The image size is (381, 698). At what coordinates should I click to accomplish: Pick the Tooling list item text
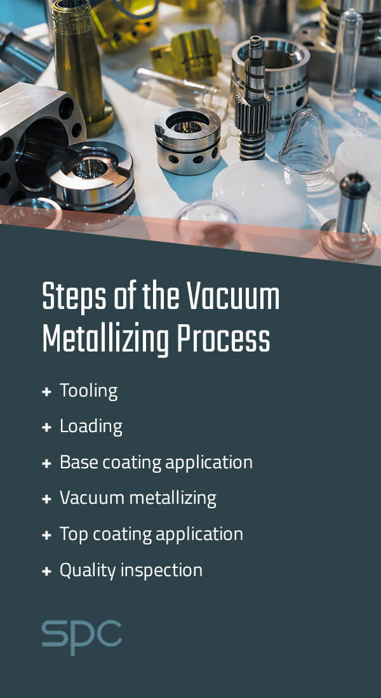click(x=88, y=392)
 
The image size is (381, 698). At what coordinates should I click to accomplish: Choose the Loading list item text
click(x=91, y=426)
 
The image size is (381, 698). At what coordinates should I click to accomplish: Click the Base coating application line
click(x=156, y=462)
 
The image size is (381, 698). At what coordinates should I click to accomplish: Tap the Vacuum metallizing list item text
click(x=138, y=498)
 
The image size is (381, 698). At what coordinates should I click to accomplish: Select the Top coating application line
click(x=151, y=534)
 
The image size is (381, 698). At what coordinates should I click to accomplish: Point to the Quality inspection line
click(x=131, y=570)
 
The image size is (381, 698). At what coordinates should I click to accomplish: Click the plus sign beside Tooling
click(x=46, y=392)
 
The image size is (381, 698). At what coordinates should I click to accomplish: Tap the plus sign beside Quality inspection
click(x=46, y=571)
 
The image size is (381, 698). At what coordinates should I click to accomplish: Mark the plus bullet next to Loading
click(x=46, y=428)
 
